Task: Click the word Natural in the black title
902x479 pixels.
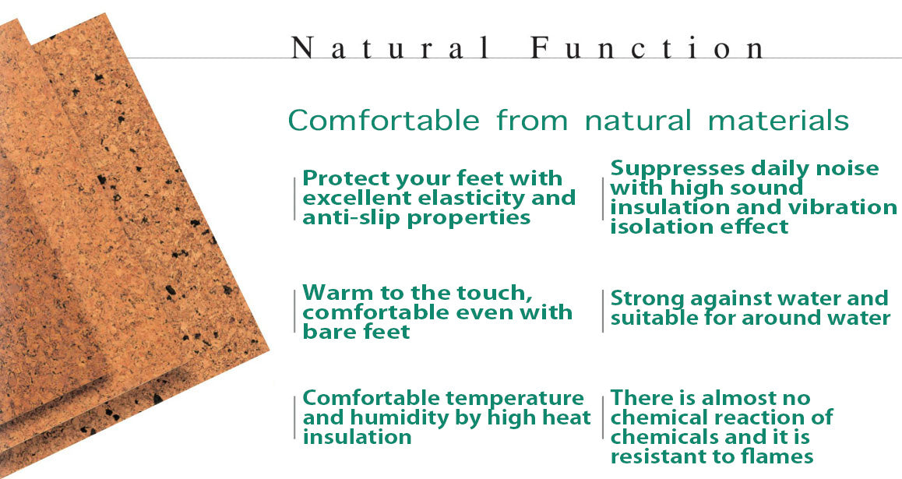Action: point(390,48)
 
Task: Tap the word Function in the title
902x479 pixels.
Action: point(648,48)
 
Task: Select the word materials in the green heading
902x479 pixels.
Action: point(778,120)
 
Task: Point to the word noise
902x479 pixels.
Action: point(847,168)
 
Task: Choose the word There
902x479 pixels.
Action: point(639,398)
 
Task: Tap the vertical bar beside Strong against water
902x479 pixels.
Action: point(602,311)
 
